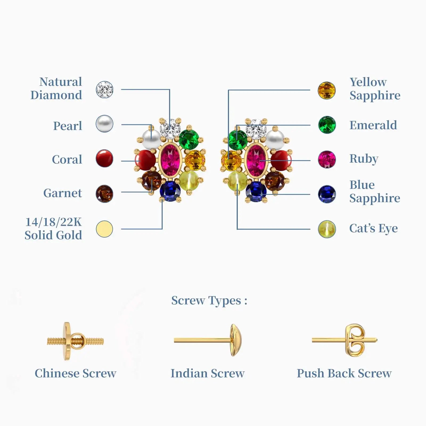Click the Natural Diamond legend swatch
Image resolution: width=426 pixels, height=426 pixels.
[104, 90]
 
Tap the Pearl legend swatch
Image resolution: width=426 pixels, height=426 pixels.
[104, 124]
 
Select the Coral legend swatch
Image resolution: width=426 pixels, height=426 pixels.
[104, 158]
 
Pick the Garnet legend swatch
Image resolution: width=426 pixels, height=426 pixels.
[104, 194]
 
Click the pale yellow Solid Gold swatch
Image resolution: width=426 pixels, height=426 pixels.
[104, 229]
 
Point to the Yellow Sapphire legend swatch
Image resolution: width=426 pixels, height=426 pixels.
[327, 91]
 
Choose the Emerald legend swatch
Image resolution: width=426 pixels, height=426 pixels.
[327, 125]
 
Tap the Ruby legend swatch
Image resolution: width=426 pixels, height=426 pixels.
[327, 159]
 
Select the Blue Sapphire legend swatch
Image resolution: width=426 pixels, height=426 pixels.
[327, 194]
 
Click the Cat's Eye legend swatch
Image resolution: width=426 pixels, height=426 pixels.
[327, 229]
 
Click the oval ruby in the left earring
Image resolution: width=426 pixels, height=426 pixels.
[170, 160]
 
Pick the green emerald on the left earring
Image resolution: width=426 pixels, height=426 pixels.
[189, 139]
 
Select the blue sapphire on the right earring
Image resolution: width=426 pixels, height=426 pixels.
[256, 191]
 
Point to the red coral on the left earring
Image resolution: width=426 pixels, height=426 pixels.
[146, 160]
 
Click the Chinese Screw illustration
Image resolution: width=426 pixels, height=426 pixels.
[75, 341]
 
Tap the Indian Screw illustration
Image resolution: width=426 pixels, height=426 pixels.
[208, 340]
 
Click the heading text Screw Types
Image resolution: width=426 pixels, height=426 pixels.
[209, 301]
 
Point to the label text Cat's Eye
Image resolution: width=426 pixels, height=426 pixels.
[373, 228]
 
